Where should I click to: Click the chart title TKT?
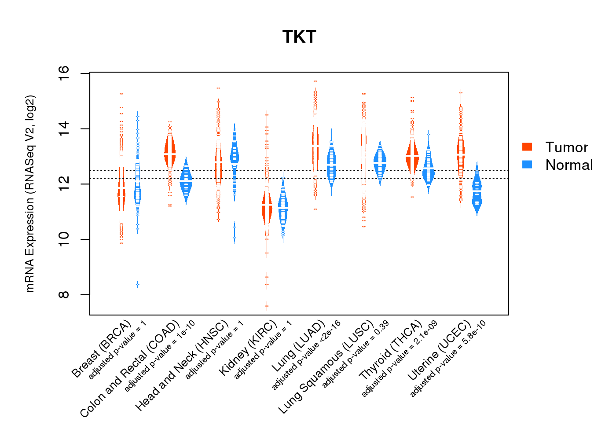(x=299, y=37)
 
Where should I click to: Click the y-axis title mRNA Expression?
(x=30, y=194)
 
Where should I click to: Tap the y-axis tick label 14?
(x=64, y=128)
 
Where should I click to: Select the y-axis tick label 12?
(x=64, y=184)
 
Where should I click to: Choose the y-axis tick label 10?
(x=64, y=239)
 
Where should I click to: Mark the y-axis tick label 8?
(x=64, y=294)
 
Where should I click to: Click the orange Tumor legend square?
(x=527, y=147)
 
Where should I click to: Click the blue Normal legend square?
(x=527, y=165)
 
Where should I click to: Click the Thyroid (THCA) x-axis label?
(x=391, y=351)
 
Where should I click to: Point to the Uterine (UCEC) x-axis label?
(x=439, y=351)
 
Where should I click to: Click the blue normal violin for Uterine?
(x=477, y=194)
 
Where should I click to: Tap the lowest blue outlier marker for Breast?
(x=138, y=284)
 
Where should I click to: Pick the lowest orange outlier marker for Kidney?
(x=267, y=306)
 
